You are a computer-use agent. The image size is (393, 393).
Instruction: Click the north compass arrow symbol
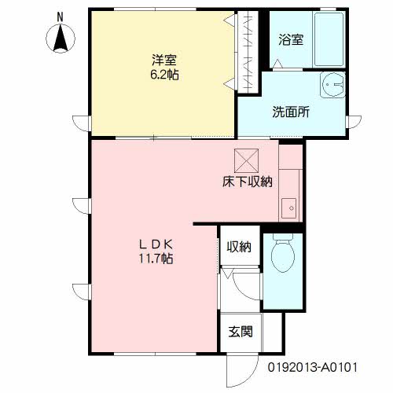coord(61,38)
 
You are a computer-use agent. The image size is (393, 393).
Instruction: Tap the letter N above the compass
coord(61,17)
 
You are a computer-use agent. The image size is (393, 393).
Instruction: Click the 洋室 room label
coord(164,61)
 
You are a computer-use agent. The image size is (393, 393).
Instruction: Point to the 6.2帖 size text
coord(164,75)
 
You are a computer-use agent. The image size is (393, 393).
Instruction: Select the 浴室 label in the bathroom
coord(291,40)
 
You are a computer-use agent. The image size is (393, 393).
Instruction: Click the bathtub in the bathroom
coord(329,39)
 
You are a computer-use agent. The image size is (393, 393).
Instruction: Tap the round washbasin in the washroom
coord(332,85)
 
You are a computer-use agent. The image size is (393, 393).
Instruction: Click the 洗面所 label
coord(291,112)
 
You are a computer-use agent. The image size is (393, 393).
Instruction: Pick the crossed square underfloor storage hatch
coord(246,161)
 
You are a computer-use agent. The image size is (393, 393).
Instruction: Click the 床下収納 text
coord(248,182)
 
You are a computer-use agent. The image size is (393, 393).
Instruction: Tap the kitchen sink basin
coord(288,208)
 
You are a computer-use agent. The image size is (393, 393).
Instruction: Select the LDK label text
coord(156,244)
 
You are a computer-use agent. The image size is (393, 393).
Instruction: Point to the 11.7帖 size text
coord(156,259)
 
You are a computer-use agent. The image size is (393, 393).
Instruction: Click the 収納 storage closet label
coord(239,247)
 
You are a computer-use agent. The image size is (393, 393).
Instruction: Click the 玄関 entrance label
coord(241,332)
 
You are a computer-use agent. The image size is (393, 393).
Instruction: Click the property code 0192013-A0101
coord(313,367)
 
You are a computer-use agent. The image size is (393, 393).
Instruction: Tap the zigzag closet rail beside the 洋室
coord(248,52)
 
